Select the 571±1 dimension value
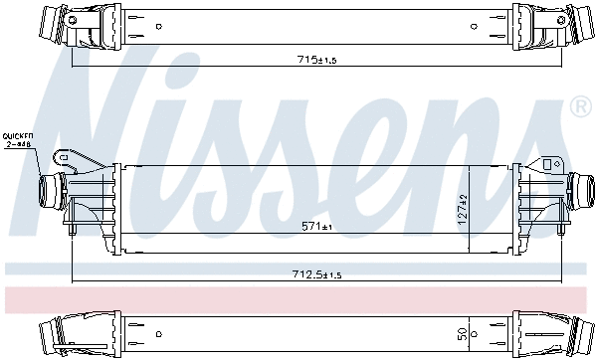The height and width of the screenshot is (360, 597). (x=317, y=226)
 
